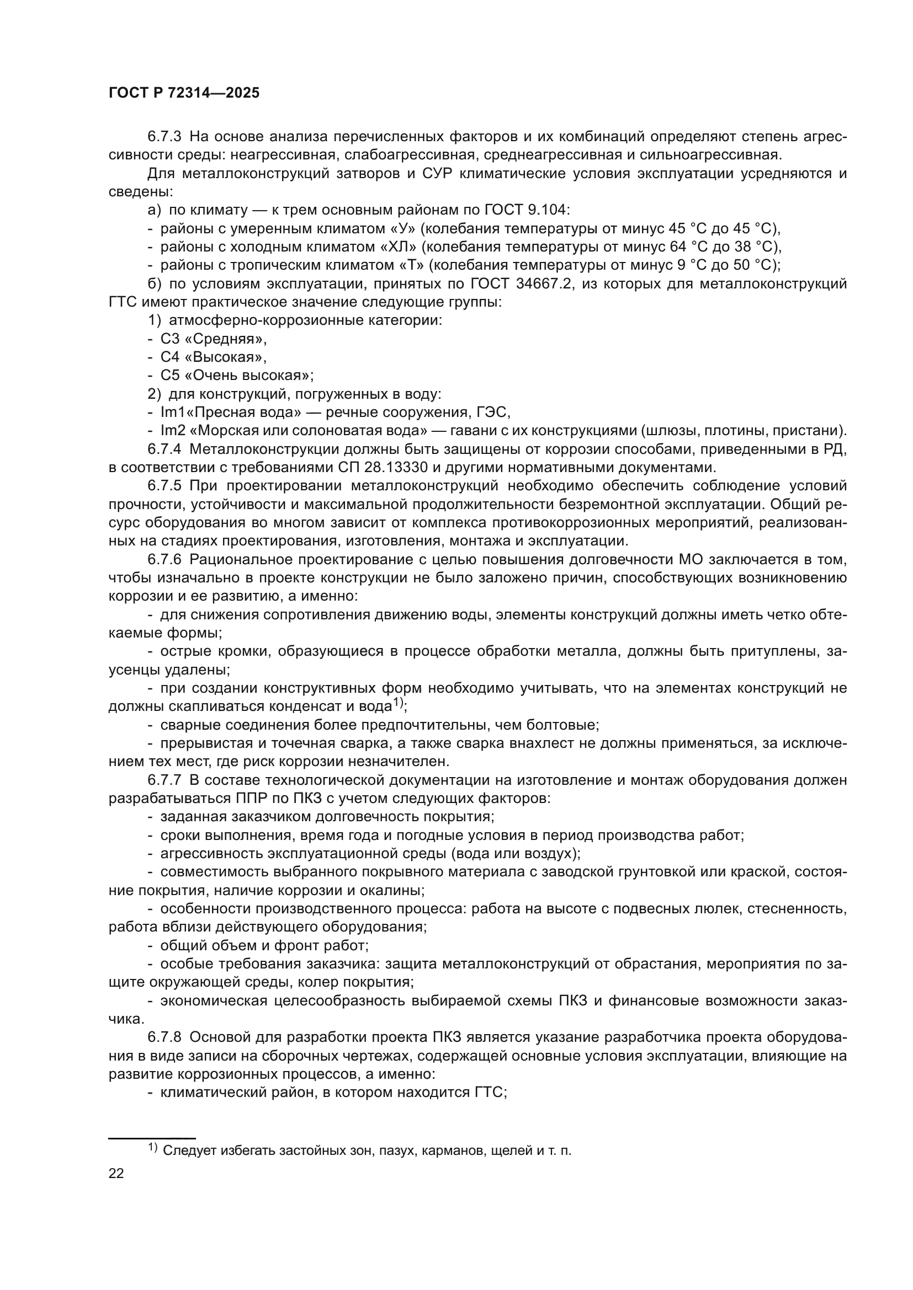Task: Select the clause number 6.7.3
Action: pos(164,137)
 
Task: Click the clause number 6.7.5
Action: pos(164,486)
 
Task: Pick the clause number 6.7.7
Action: pos(164,780)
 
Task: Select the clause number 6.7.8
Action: pos(164,1037)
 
